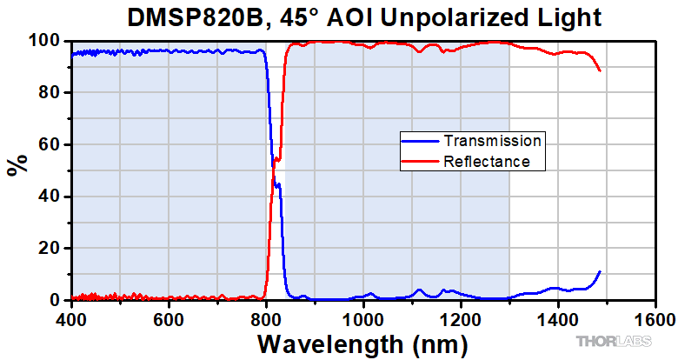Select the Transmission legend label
[x=492, y=141]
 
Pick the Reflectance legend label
[x=487, y=161]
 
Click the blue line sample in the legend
[x=420, y=141]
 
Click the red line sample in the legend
[x=420, y=161]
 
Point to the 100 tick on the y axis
[x=43, y=41]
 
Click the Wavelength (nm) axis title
[x=362, y=342]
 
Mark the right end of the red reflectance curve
[x=600, y=71]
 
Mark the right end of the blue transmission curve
[x=600, y=271]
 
